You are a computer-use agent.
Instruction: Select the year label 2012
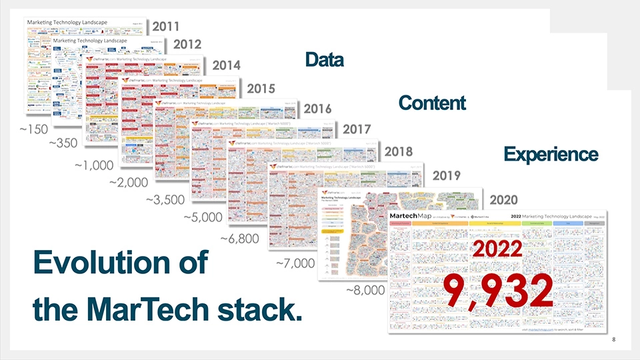click(187, 45)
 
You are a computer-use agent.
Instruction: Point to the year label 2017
click(357, 127)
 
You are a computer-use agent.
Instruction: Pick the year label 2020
click(503, 199)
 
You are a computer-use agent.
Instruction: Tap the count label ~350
click(63, 143)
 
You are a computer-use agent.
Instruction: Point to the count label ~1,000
click(94, 165)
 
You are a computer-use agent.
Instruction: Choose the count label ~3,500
click(165, 199)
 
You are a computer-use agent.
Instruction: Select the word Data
click(324, 60)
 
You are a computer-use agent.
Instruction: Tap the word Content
click(431, 103)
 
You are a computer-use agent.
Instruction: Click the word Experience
click(551, 154)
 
